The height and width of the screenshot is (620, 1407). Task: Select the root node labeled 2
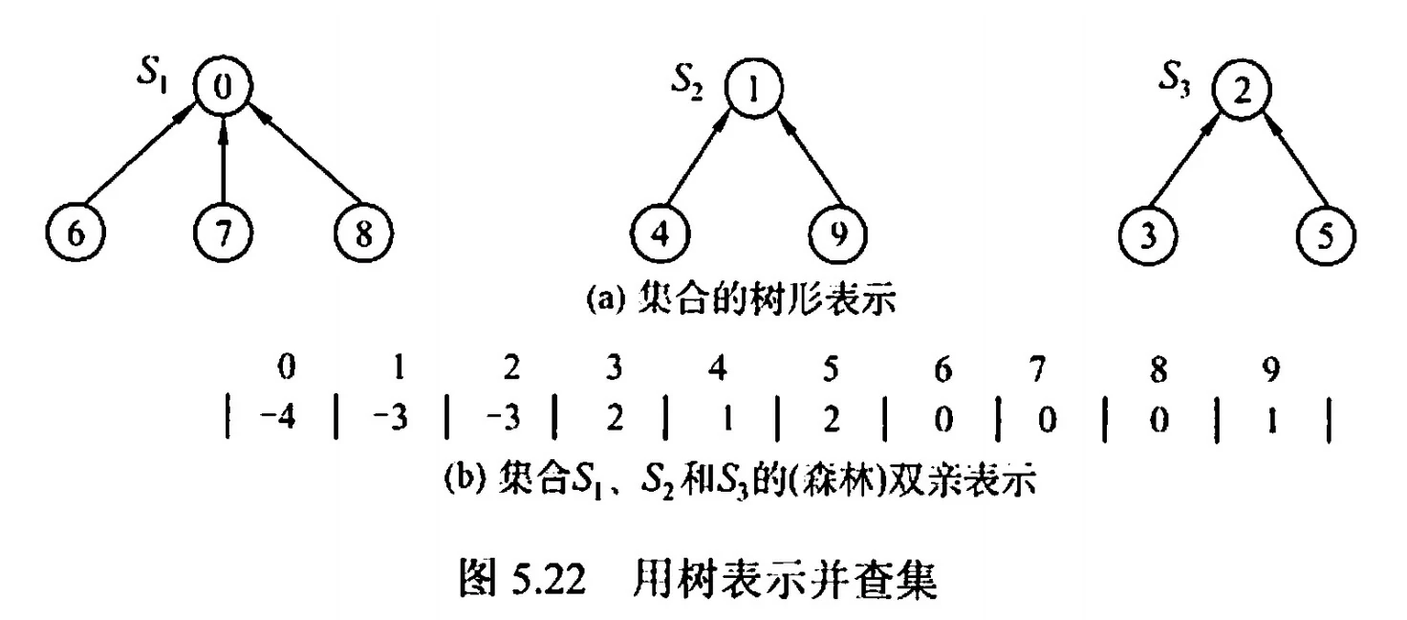[x=1240, y=91]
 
